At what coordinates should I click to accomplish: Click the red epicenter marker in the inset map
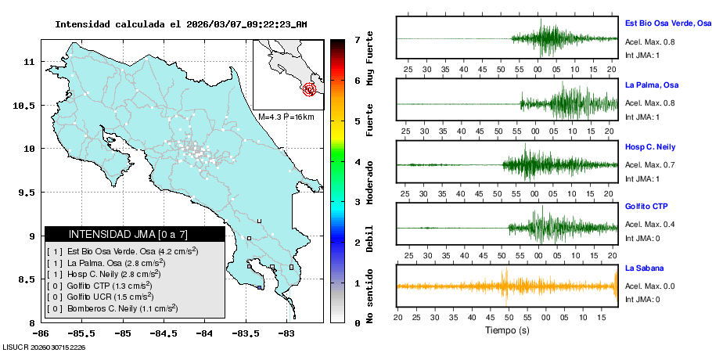coord(311,89)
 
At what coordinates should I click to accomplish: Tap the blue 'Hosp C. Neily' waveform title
coord(650,146)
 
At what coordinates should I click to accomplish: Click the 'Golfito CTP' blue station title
coord(646,206)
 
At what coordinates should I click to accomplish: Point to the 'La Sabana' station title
coord(642,268)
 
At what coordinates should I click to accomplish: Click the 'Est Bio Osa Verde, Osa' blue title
coord(667,23)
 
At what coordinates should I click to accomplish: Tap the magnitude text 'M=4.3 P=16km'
coord(286,117)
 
